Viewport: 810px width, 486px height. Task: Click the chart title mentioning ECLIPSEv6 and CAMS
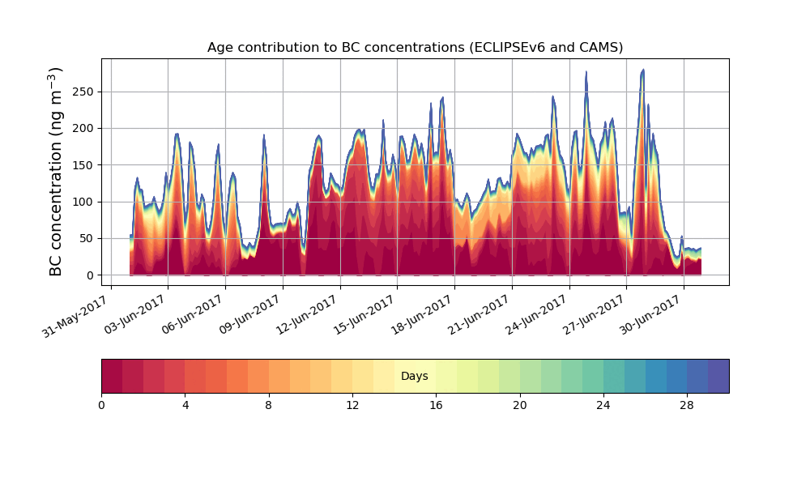tap(415, 47)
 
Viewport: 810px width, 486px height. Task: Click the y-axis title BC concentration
tap(56, 172)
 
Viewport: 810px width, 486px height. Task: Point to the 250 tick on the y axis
tap(83, 92)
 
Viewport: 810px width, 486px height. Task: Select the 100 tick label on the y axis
tap(83, 202)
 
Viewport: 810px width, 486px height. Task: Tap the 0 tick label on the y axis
tap(90, 275)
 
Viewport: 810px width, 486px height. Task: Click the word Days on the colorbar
tap(415, 377)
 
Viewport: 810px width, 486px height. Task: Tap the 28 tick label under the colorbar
tap(687, 405)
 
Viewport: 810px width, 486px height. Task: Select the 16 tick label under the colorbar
tap(436, 405)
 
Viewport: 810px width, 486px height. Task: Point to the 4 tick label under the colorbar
tap(185, 405)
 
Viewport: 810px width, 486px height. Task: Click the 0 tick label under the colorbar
tap(102, 405)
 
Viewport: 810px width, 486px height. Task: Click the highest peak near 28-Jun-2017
tap(643, 70)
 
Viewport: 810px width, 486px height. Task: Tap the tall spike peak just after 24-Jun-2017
tap(586, 72)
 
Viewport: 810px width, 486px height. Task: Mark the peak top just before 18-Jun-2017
tap(442, 98)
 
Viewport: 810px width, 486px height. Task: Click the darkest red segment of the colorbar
tap(112, 376)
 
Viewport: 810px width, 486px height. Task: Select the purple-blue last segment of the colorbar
tap(718, 376)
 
